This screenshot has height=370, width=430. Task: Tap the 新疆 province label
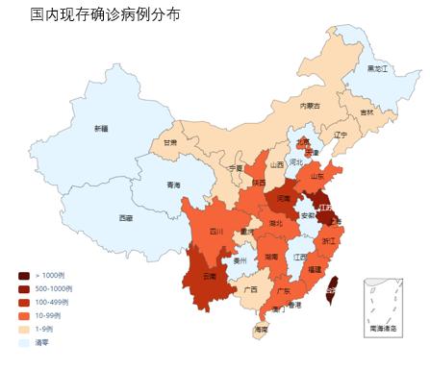click(x=101, y=128)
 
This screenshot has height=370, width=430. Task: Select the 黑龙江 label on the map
click(x=377, y=69)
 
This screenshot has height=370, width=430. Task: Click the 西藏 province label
click(x=126, y=218)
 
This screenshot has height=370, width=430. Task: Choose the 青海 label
click(x=173, y=185)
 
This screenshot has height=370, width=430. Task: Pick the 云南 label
click(x=210, y=276)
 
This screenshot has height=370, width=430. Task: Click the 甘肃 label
click(x=169, y=142)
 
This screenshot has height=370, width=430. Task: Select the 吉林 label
click(x=367, y=112)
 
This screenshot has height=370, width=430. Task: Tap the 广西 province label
click(x=250, y=288)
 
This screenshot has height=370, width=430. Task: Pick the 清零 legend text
click(x=41, y=342)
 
